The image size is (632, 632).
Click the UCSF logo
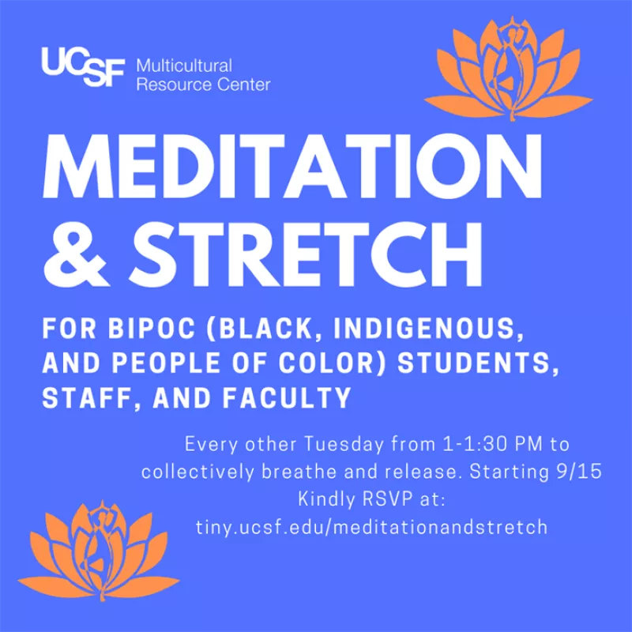83,67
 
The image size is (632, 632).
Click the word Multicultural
184,66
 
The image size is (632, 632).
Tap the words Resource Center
203,85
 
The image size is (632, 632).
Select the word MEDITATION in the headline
292,166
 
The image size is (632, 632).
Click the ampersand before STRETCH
76,254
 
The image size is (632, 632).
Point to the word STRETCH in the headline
305,254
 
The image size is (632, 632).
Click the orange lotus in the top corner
508,69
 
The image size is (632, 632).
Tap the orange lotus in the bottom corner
99,550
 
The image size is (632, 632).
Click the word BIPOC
152,329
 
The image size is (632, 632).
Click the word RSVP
388,499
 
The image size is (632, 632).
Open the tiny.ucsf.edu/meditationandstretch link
371,527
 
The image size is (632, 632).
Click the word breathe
299,472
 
